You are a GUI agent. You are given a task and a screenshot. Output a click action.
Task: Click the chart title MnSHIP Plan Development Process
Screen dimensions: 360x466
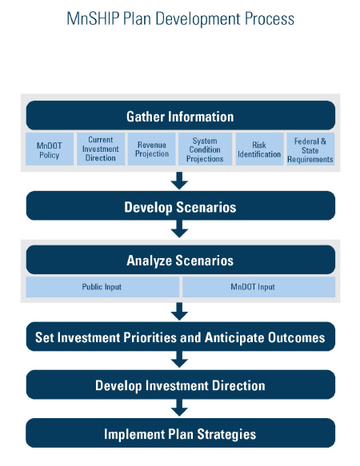click(x=180, y=19)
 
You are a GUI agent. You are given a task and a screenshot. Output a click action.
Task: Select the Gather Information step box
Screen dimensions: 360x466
click(x=181, y=115)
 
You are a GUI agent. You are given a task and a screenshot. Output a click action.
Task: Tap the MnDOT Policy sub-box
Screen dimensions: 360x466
click(x=50, y=149)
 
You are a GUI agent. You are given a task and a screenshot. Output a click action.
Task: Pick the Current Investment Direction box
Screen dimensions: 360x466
click(x=101, y=149)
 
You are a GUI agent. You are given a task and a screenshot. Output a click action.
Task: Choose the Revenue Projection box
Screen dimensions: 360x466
click(x=152, y=149)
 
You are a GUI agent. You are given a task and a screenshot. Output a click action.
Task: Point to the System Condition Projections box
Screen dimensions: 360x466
click(x=205, y=149)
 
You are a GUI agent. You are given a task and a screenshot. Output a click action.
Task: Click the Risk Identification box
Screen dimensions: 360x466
click(x=259, y=149)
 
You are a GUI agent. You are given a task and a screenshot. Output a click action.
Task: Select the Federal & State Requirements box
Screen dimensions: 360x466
click(x=310, y=149)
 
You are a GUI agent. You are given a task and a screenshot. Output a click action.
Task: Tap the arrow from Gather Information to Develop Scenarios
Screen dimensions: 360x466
click(x=179, y=181)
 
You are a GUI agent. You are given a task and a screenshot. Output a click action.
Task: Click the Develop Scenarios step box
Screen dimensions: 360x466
click(x=181, y=205)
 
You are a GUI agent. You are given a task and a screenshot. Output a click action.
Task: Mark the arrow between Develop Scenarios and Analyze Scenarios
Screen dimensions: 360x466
click(x=179, y=229)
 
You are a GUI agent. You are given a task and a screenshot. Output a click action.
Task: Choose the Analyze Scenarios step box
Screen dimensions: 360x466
click(x=181, y=260)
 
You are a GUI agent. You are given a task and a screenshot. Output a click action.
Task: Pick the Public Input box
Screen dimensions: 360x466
click(x=102, y=287)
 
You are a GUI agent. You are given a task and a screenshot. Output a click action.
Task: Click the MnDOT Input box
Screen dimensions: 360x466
click(x=258, y=287)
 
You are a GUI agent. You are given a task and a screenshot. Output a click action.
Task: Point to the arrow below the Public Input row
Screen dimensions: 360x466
click(x=179, y=312)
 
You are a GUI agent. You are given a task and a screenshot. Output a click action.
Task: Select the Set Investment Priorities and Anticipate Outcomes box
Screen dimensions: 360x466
click(x=181, y=337)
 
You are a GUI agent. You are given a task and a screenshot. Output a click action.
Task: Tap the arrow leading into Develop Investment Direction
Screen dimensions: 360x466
click(x=179, y=360)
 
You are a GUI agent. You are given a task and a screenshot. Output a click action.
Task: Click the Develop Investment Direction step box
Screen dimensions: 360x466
click(x=181, y=384)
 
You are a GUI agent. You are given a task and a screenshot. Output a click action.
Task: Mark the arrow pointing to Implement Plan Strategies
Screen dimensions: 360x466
click(x=179, y=408)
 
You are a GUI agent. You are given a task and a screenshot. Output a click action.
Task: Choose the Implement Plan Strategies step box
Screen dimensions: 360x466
click(x=181, y=433)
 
